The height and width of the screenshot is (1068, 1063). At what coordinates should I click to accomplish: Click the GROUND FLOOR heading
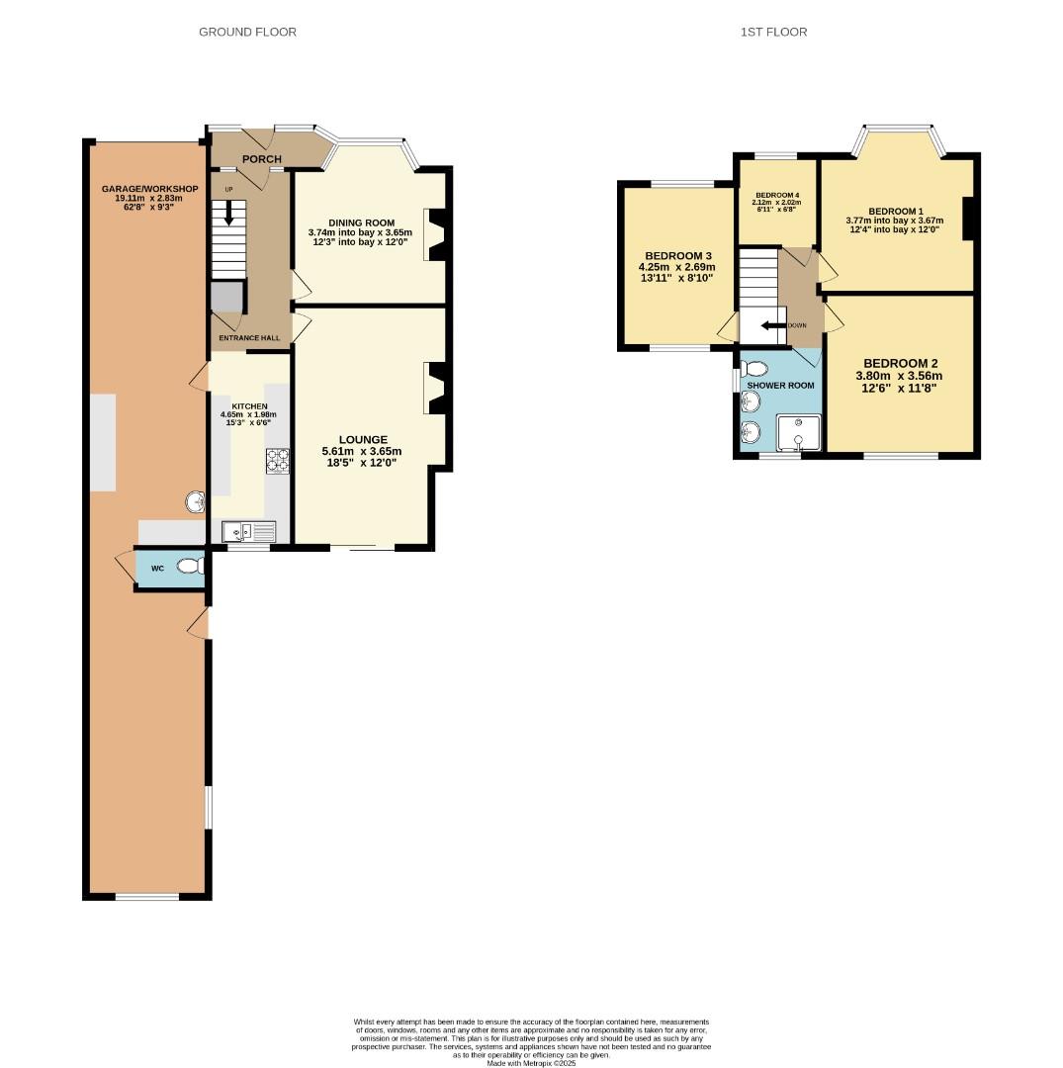pyautogui.click(x=247, y=32)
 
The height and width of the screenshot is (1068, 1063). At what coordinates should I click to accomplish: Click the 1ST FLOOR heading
pyautogui.click(x=773, y=32)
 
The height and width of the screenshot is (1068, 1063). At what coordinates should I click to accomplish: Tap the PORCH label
pyautogui.click(x=261, y=159)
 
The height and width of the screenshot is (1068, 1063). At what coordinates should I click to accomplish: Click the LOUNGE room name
pyautogui.click(x=363, y=439)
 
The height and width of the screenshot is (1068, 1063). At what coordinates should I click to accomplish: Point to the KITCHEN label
pyautogui.click(x=249, y=406)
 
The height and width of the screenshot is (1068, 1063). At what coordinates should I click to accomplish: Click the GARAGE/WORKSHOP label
pyautogui.click(x=149, y=189)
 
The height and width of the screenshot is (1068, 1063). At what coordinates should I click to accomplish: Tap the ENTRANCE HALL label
pyautogui.click(x=249, y=338)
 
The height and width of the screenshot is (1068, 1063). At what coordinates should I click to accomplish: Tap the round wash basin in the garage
pyautogui.click(x=195, y=503)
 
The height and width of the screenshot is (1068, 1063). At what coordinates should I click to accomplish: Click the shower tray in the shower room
pyautogui.click(x=798, y=431)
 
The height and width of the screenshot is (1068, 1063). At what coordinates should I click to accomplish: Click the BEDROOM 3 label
pyautogui.click(x=678, y=255)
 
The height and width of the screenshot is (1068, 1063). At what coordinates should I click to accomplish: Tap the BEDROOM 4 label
pyautogui.click(x=776, y=196)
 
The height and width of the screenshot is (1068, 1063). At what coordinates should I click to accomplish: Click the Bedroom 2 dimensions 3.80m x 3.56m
pyautogui.click(x=898, y=376)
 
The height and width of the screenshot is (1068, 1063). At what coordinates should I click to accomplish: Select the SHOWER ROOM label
pyautogui.click(x=787, y=386)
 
